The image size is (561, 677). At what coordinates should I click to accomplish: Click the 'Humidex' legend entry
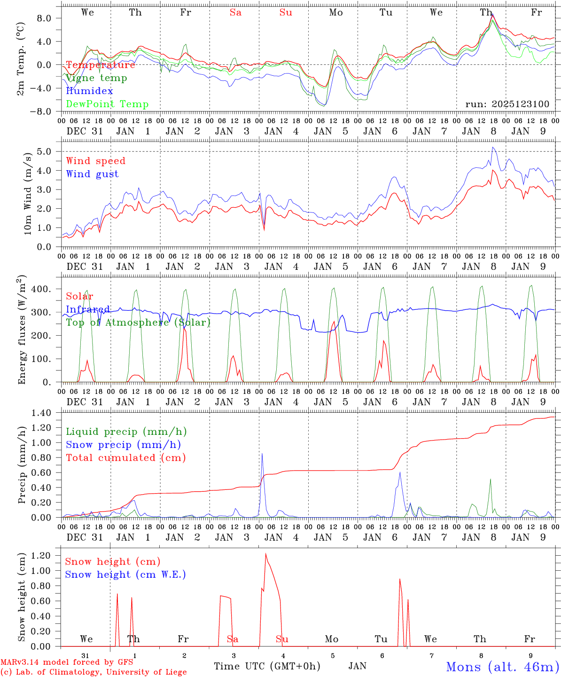(89, 91)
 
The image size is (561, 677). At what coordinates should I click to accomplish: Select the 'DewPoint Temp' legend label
(107, 104)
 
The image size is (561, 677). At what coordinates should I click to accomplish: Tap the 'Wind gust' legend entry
(92, 174)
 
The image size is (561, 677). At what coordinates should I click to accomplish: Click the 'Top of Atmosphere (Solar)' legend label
(138, 323)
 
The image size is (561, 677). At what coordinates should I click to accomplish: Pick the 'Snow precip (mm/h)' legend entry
(124, 445)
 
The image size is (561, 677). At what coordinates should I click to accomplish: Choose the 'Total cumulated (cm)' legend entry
(126, 458)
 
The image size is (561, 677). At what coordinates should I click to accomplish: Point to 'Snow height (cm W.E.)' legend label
(125, 575)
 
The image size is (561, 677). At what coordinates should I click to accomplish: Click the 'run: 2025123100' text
(507, 104)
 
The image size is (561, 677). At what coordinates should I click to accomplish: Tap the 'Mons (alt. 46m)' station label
(502, 667)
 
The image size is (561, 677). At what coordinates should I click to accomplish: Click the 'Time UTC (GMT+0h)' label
(267, 666)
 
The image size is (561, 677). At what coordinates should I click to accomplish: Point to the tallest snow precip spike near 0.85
(262, 454)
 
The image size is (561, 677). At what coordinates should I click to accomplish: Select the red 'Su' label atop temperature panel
(286, 13)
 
